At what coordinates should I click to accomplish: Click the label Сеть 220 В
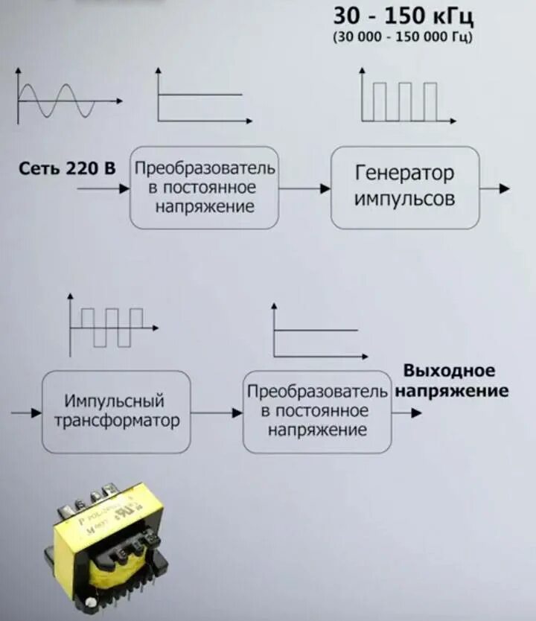click(x=67, y=169)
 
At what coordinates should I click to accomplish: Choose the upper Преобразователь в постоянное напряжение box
click(x=204, y=188)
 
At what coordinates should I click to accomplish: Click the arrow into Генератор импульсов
click(x=304, y=189)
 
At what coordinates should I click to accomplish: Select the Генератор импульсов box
click(x=404, y=188)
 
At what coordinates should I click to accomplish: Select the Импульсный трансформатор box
click(x=116, y=412)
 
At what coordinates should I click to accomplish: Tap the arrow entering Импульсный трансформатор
click(x=26, y=412)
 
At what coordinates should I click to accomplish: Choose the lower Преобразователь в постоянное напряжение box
click(x=317, y=412)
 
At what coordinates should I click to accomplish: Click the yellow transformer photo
click(x=109, y=548)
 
